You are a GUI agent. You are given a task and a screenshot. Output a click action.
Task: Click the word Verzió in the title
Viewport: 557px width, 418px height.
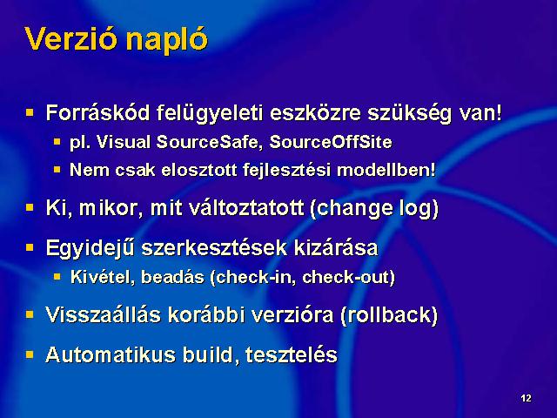[x=71, y=38]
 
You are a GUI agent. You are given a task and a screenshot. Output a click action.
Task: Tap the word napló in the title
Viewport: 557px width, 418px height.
[x=166, y=41]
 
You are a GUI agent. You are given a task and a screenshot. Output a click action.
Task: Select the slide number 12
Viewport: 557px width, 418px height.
[x=526, y=398]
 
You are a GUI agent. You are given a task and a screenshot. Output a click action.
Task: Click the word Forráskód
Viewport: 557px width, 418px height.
[x=98, y=112]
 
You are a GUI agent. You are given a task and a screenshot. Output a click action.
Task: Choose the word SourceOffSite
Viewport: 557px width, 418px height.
[x=331, y=142]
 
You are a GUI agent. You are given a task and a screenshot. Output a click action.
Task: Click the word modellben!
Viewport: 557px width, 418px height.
[x=386, y=170]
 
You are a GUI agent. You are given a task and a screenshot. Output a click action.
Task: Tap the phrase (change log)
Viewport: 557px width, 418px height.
[x=374, y=209]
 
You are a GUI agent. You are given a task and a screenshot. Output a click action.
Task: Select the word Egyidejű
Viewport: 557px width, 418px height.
[x=91, y=248]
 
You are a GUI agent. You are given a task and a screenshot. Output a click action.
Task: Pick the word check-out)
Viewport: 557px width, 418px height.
[x=348, y=277]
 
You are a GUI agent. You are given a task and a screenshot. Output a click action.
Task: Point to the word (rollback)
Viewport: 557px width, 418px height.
[x=389, y=315]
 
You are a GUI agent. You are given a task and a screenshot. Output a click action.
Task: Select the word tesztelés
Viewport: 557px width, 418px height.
[x=291, y=354]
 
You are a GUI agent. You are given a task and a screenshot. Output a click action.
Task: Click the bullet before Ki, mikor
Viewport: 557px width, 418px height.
[x=30, y=207]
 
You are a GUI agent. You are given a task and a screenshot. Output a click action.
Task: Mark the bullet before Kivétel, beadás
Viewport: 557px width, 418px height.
[x=57, y=276]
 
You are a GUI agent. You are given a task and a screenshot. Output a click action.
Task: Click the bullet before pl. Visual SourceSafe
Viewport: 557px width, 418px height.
[x=57, y=142]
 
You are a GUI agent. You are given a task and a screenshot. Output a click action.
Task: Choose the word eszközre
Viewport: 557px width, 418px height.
[x=315, y=112]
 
